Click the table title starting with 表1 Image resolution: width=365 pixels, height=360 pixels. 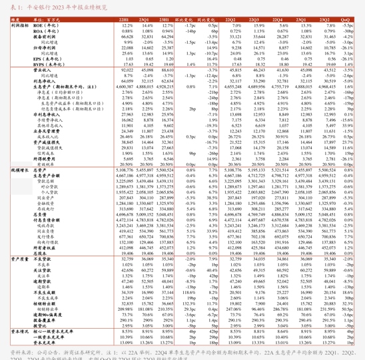50,7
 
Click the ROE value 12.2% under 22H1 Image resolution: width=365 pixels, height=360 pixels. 127,26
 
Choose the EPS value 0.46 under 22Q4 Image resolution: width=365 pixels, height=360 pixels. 284,59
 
